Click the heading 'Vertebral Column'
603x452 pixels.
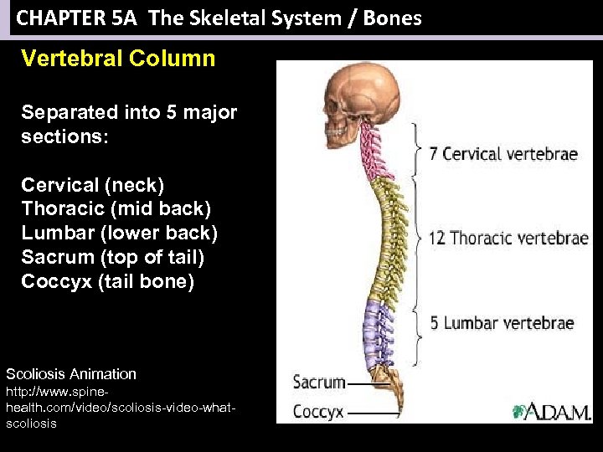[118, 59]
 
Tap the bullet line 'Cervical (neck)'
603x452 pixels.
[92, 184]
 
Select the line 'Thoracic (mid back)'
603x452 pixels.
[116, 208]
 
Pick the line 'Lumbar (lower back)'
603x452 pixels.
[119, 233]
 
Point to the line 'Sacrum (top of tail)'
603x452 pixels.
[113, 257]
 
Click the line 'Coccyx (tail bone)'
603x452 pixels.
[107, 281]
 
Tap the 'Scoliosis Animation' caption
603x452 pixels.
[71, 374]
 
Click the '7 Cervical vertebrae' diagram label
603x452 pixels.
[503, 154]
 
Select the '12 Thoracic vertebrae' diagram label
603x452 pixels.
[508, 238]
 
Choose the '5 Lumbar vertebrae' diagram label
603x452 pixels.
[502, 323]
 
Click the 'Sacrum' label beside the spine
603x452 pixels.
[319, 383]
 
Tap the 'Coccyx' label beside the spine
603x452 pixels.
[318, 412]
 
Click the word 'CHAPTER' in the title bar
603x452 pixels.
[55, 18]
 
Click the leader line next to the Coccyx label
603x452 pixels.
[372, 413]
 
